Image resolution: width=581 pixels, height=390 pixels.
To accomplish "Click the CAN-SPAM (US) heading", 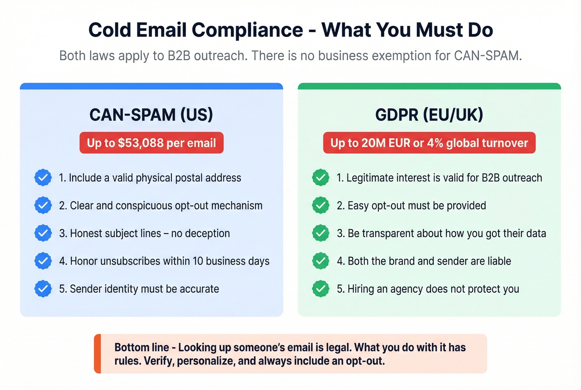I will [x=151, y=115].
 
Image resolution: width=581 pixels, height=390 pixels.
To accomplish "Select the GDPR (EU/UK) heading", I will [x=429, y=115].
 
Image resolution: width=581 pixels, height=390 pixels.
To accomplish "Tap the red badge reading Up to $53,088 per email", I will [x=151, y=143].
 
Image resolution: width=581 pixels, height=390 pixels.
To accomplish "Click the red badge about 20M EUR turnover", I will [x=429, y=143].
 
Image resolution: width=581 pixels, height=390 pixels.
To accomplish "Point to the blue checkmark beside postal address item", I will [x=43, y=178].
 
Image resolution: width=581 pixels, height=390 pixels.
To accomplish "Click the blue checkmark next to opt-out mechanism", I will [x=43, y=206].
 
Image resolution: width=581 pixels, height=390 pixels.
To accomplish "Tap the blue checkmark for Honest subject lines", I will [x=43, y=233].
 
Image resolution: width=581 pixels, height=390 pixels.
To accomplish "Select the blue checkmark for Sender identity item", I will [x=43, y=289].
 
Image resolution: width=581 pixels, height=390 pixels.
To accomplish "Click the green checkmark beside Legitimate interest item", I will [x=320, y=178].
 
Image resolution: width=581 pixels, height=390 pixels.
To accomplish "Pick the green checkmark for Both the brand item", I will [x=320, y=261].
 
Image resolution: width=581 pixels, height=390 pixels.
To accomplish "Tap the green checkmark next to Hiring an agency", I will [x=320, y=289].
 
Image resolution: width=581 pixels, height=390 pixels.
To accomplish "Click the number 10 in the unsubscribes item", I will [x=198, y=261].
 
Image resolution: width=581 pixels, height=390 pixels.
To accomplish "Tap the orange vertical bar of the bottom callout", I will [x=98, y=353].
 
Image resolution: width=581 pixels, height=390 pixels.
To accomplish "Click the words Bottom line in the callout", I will [x=142, y=347].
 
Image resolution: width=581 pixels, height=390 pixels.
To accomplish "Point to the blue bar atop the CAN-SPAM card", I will [x=151, y=86].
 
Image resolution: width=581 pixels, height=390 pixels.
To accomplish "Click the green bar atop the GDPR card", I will [x=429, y=86].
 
